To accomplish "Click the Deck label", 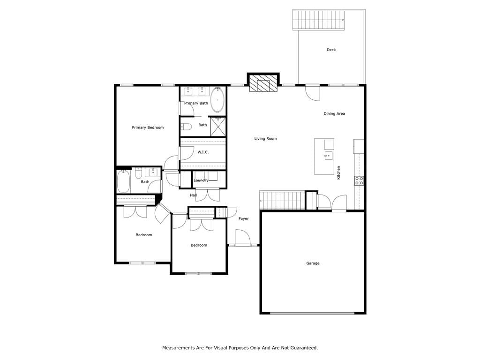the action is coord(331,50).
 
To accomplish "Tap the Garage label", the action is coord(313,263).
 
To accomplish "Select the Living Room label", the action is coord(265,139).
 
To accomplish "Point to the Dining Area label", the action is coord(334,113).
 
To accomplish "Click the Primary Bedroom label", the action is coord(148,127).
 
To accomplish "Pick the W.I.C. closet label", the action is coord(203,152).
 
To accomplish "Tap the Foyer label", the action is coord(244,218).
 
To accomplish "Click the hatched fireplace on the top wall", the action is coord(263,83).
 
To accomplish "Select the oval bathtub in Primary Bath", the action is coord(217,100).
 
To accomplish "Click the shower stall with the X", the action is coord(217,127).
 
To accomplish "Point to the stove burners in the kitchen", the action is coord(359,180).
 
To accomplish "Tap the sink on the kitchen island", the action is coord(328,156).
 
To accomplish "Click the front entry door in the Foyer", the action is coord(243,237).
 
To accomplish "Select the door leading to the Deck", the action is coord(313,92).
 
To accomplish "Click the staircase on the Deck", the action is coord(319,20).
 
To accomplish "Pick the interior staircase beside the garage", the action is coord(282,200).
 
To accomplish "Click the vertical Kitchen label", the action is coord(338,172).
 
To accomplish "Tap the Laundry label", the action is coord(201,180).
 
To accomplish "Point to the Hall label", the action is coord(194,195).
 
